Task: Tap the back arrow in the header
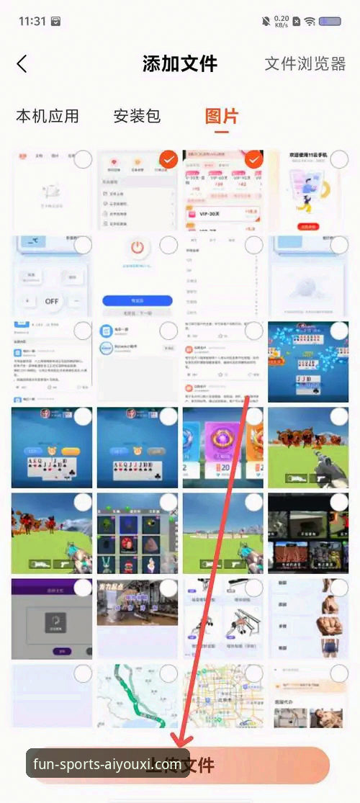pyautogui.click(x=22, y=63)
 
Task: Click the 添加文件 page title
pyautogui.click(x=180, y=63)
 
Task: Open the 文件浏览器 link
pyautogui.click(x=305, y=63)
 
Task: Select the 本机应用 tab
pyautogui.click(x=48, y=116)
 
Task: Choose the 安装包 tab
pyautogui.click(x=137, y=116)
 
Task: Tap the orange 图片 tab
pyautogui.click(x=222, y=116)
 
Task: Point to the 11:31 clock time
pyautogui.click(x=32, y=21)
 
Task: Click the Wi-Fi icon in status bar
pyautogui.click(x=310, y=21)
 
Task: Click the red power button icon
pyautogui.click(x=138, y=249)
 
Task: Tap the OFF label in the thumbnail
pyautogui.click(x=52, y=300)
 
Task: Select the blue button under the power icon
pyautogui.click(x=138, y=300)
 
